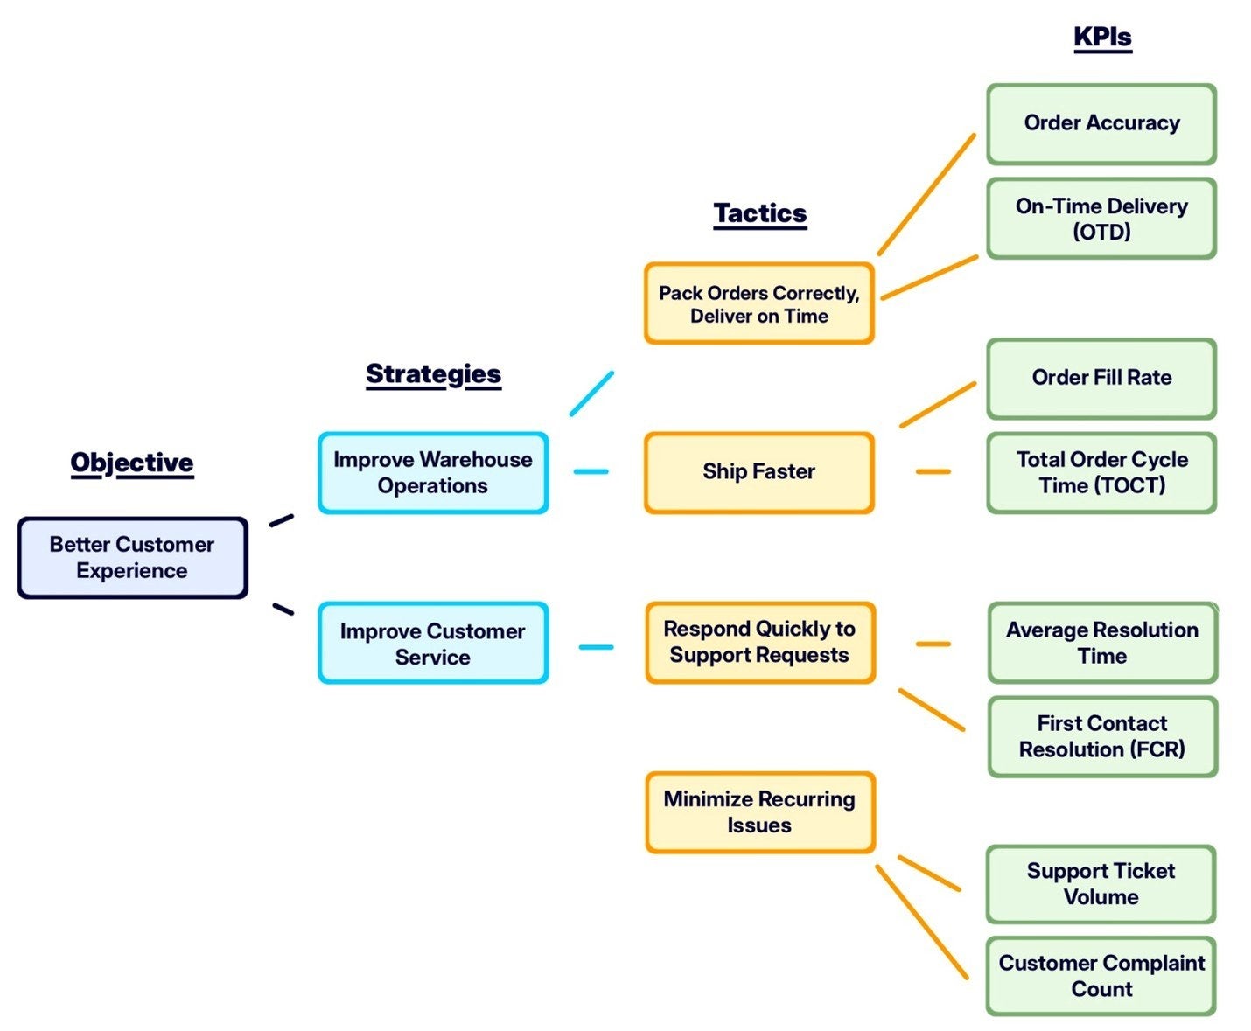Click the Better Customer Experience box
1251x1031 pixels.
pos(133,558)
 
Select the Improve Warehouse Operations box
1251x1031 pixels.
pos(433,473)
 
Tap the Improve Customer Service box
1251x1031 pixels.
pos(433,644)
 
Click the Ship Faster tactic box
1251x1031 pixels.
pos(758,472)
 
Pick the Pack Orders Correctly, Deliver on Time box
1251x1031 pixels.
pos(758,304)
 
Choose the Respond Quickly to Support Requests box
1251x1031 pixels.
pos(759,643)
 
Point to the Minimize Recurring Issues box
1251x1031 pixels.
pos(759,812)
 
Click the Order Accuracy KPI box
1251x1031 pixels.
pos(1101,123)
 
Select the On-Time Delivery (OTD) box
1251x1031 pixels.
pos(1101,219)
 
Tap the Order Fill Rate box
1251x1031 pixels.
pos(1101,378)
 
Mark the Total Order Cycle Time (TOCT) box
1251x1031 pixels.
pos(1101,472)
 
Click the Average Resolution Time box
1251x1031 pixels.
pos(1102,643)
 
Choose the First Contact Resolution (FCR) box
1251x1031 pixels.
pos(1102,736)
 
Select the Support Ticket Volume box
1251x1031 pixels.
pos(1101,884)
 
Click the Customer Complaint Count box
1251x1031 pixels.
pos(1101,976)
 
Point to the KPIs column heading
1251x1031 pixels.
pos(1102,38)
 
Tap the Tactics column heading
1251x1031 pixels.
pos(759,213)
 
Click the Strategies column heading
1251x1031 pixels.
pos(433,374)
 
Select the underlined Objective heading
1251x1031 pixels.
pos(132,463)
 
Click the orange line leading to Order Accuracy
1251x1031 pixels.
pos(926,194)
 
